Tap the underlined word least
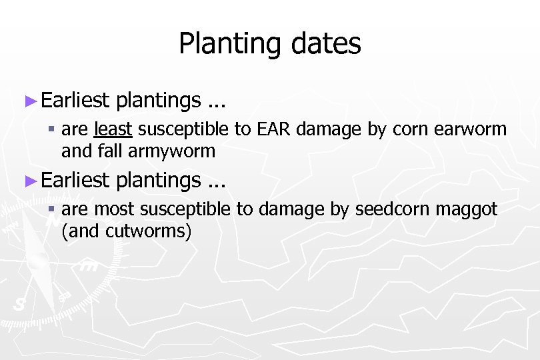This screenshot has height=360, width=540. tap(114, 129)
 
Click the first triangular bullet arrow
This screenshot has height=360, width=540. tap(29, 101)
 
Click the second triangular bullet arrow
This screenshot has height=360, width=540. tap(29, 180)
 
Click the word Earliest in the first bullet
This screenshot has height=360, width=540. tap(75, 100)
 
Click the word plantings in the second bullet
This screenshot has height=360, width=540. tap(158, 180)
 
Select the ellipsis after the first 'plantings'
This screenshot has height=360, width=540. tap(216, 104)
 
